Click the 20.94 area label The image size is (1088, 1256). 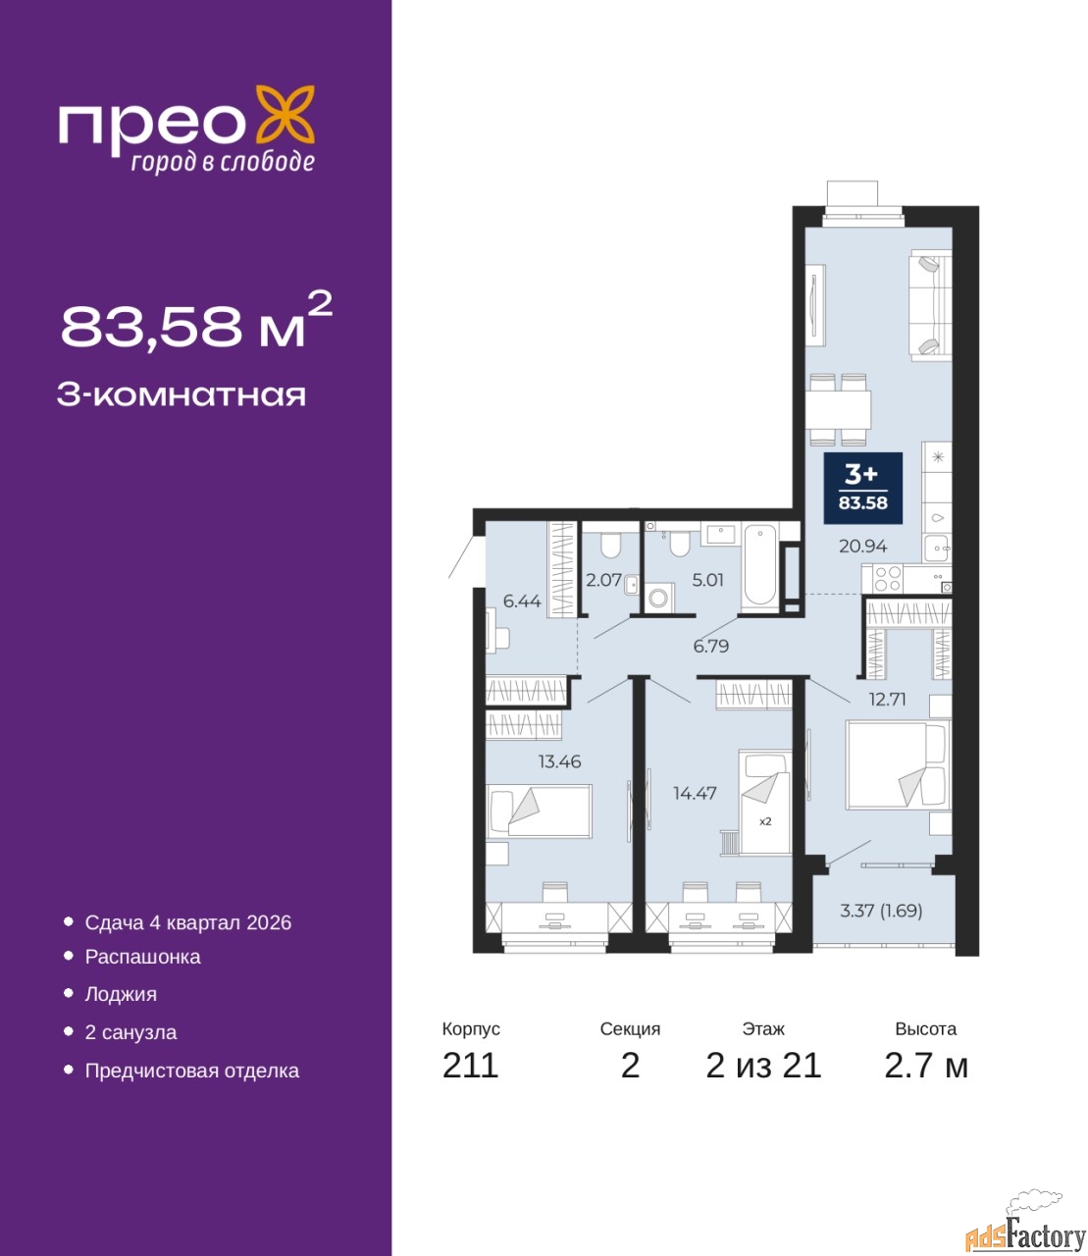[862, 547]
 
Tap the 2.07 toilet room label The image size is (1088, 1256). [603, 580]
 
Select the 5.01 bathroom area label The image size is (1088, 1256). [707, 580]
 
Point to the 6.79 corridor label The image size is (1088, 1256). [710, 646]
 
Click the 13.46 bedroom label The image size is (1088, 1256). [559, 761]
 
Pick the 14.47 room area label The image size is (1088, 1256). [695, 793]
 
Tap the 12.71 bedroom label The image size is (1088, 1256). [888, 700]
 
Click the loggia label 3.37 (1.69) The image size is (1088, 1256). [881, 911]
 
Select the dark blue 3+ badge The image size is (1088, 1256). [862, 488]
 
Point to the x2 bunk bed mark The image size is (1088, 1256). [765, 821]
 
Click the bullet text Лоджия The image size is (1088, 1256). [121, 995]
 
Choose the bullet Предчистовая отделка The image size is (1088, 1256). [192, 1071]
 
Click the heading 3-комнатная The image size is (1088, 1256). [181, 395]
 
